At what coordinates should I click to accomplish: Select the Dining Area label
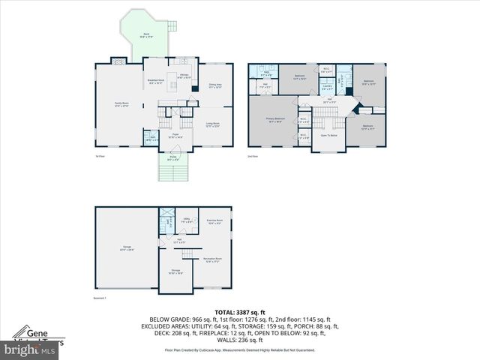pos(215,86)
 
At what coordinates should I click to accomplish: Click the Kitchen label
pos(184,76)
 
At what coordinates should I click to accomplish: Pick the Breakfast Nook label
pos(155,82)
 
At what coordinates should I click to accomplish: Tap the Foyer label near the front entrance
pos(171,136)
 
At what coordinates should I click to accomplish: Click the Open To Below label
pos(329,135)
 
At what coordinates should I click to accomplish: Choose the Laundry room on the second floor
pos(328,87)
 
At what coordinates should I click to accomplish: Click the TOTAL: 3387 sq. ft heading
pos(240,312)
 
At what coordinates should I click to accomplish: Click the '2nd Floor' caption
pos(253,156)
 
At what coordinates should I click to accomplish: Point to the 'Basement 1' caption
pos(101,298)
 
